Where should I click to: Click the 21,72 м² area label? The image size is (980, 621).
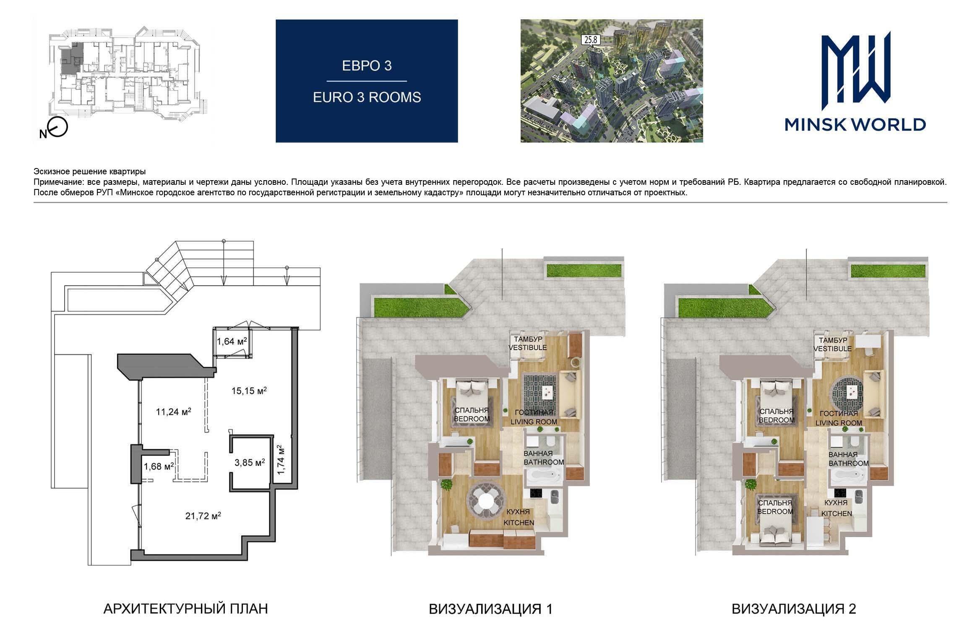tap(203, 515)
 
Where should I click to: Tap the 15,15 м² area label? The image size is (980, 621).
tap(249, 391)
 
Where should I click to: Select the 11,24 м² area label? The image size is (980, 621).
tap(174, 411)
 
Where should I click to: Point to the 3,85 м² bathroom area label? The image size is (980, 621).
tap(250, 463)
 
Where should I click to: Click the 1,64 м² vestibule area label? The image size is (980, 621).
tap(231, 341)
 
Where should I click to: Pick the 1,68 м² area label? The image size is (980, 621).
tap(159, 466)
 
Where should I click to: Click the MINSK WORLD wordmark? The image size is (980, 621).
tap(855, 124)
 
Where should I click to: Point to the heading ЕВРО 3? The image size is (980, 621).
tap(367, 66)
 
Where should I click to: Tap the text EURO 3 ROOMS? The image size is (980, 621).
tap(367, 97)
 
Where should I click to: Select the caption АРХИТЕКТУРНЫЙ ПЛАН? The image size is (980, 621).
tap(185, 608)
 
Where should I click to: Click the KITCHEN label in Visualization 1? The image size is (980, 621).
tap(519, 523)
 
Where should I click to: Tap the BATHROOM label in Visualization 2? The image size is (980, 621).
tap(848, 463)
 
